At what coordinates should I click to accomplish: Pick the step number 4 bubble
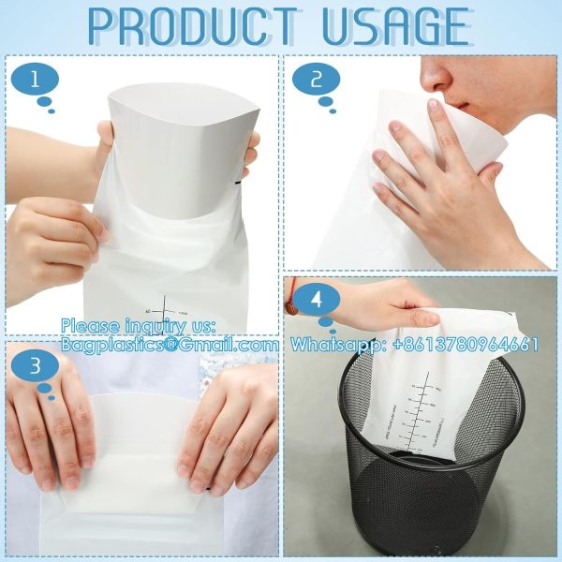(318, 301)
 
